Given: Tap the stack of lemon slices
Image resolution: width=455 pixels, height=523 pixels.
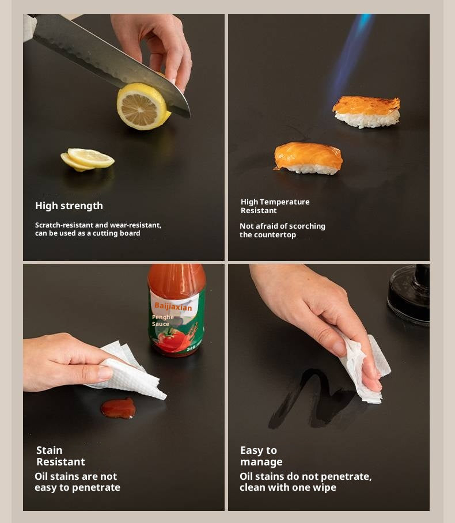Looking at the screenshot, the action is [x=88, y=160].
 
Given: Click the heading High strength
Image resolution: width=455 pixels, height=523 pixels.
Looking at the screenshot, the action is [x=69, y=206].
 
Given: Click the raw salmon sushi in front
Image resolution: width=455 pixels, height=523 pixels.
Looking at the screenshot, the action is [x=308, y=158].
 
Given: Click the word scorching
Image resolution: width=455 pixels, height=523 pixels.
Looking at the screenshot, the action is [x=307, y=226].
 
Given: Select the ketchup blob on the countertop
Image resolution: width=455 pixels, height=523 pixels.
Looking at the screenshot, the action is [x=119, y=408].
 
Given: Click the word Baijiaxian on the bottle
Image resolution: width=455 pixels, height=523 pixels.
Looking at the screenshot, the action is [x=173, y=306].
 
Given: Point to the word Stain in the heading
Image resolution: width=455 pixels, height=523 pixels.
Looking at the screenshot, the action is [x=50, y=450].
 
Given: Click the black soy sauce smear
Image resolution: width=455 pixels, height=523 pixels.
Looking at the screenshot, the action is [x=310, y=399].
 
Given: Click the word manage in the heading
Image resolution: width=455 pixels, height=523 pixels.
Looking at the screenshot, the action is [x=261, y=462].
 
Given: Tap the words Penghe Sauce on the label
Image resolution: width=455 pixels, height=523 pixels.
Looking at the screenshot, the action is [x=163, y=320].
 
